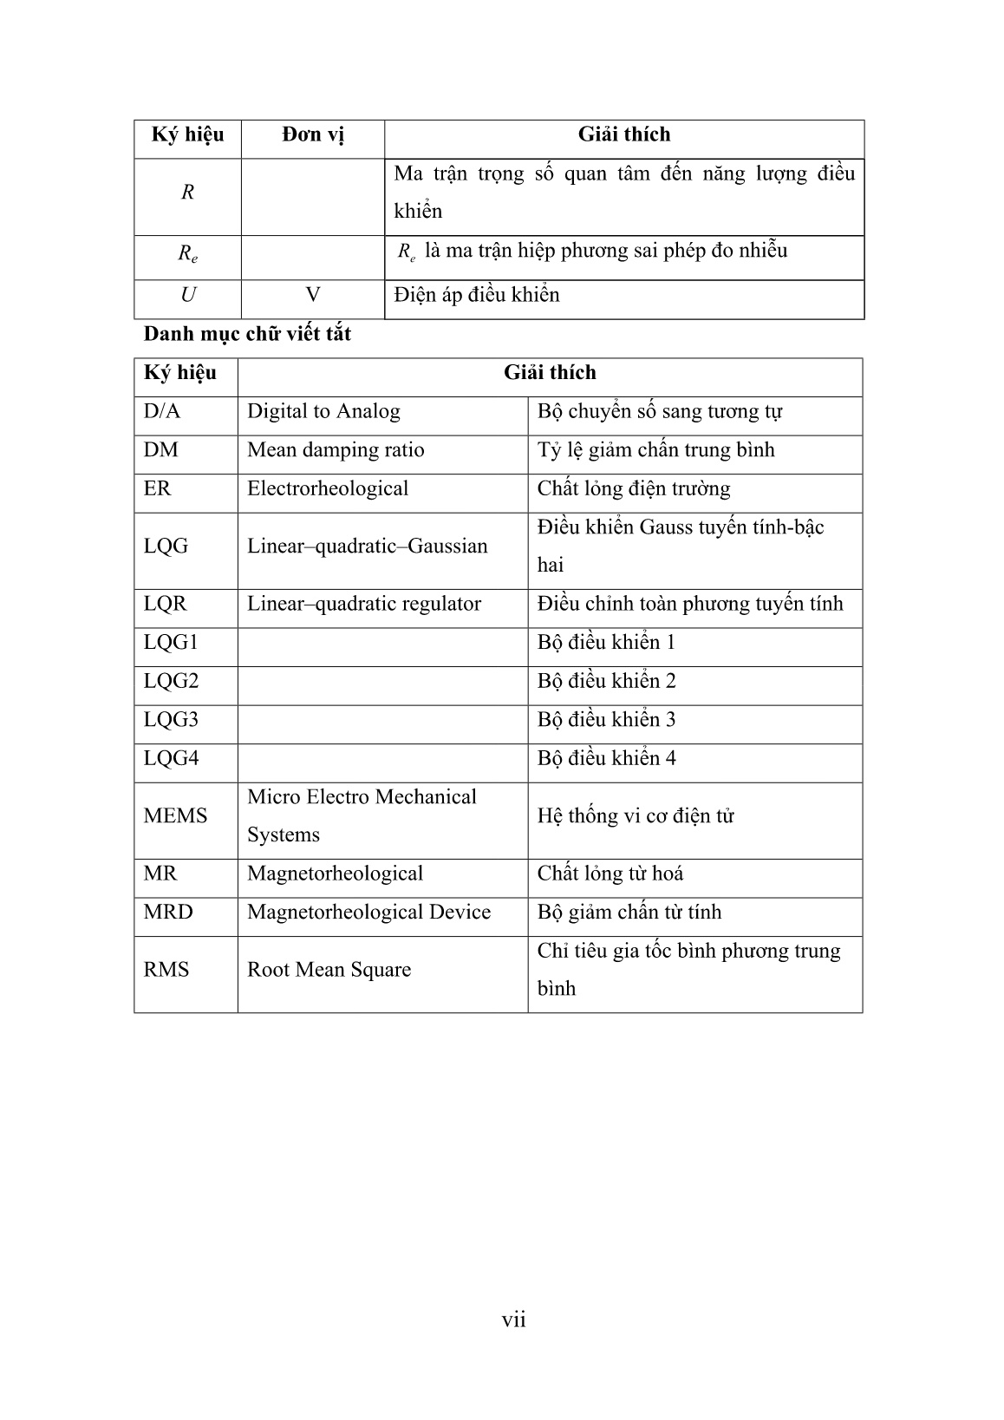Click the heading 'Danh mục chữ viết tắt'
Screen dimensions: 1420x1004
tap(247, 334)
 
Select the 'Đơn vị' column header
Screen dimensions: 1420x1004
tap(313, 134)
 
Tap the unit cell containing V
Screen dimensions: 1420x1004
tap(313, 295)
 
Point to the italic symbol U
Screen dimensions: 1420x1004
tap(187, 295)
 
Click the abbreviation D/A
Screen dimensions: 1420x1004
tap(162, 411)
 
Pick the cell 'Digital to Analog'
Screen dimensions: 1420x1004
tap(323, 411)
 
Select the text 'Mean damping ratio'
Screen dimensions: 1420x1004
tap(336, 449)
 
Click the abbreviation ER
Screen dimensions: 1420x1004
tap(157, 488)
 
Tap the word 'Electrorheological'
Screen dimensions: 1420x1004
tap(328, 488)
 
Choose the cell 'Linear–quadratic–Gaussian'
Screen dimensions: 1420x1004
tap(368, 546)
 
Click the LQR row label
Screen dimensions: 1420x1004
tap(165, 604)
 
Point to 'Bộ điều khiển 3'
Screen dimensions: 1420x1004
tap(606, 719)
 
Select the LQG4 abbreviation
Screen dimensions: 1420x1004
tap(171, 758)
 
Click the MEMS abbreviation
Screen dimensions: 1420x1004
tap(175, 815)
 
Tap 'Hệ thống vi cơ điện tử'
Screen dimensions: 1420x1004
tap(636, 815)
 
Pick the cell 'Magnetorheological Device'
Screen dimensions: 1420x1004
tap(368, 912)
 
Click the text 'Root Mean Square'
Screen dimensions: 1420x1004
tap(329, 969)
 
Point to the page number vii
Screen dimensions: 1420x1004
tap(513, 1319)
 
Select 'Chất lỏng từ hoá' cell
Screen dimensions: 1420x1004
tap(610, 874)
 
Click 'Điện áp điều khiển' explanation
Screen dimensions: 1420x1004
tap(476, 295)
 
